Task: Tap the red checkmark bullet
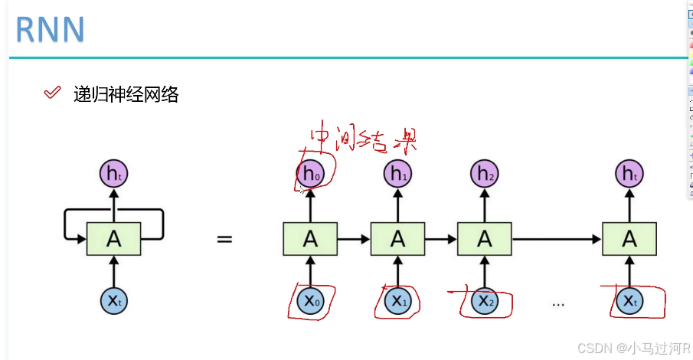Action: point(52,93)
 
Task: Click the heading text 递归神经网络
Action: point(126,94)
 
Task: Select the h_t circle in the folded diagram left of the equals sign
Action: point(113,175)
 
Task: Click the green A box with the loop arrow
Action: point(113,239)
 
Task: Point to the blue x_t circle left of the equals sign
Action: point(113,301)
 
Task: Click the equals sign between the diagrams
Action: point(224,239)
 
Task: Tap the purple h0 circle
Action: point(310,175)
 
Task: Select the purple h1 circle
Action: point(397,175)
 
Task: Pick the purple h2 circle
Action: point(484,175)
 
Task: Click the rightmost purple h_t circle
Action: point(629,175)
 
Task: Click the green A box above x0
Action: point(310,239)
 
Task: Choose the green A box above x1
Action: point(397,239)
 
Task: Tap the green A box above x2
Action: point(484,239)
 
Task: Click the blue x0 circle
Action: point(310,301)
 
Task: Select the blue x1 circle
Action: point(397,301)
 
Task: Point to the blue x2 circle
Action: point(484,301)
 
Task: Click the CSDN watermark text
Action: point(633,349)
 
